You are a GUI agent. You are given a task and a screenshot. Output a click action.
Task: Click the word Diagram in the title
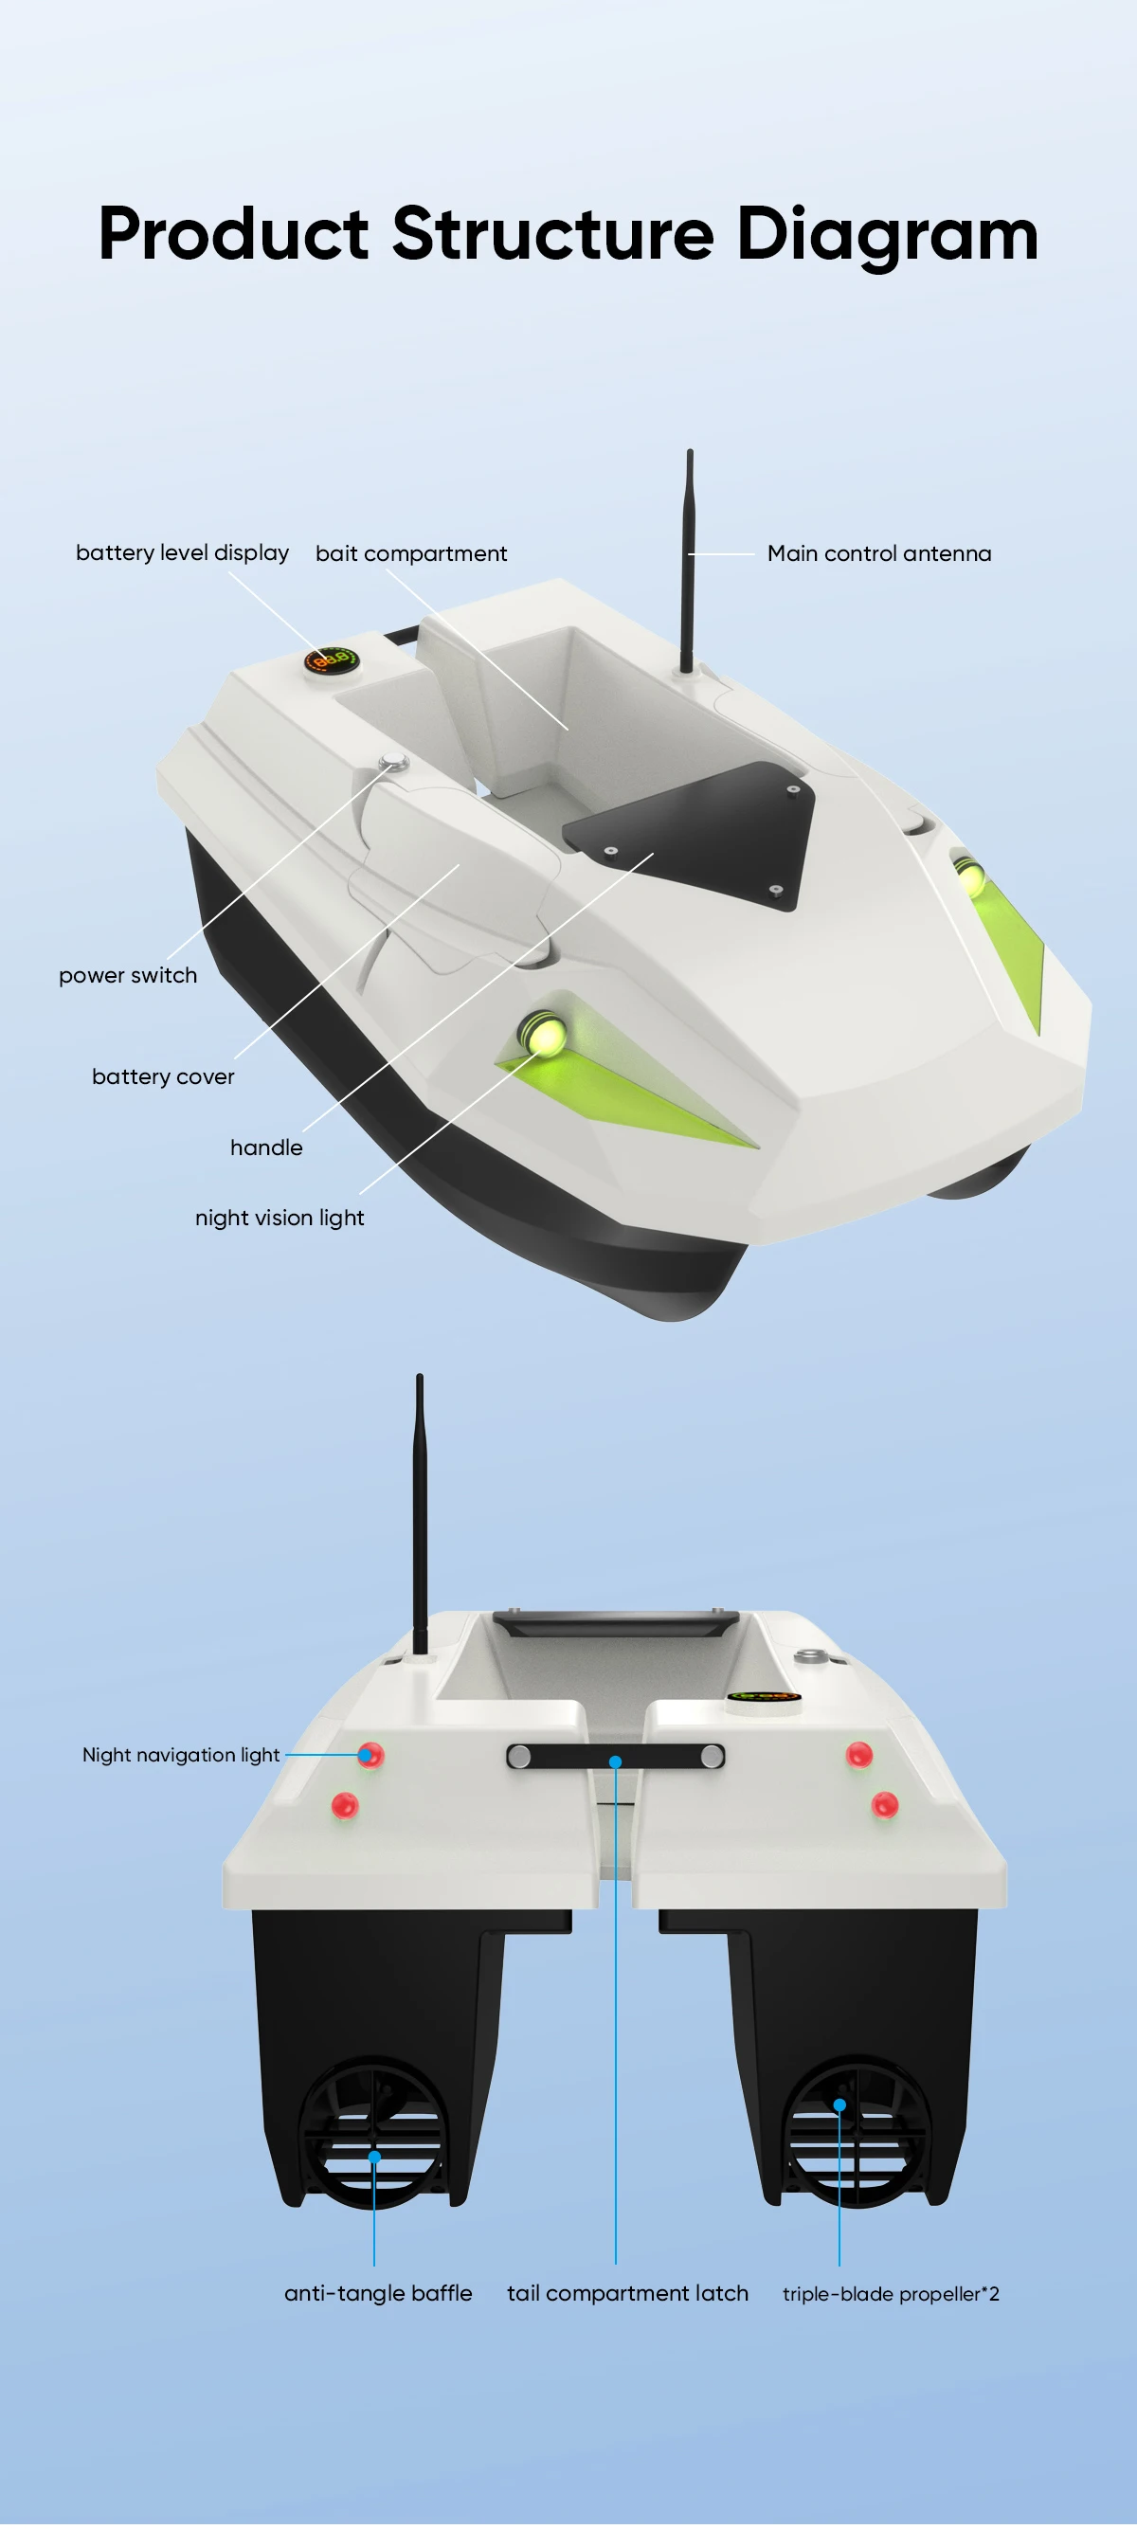tap(887, 235)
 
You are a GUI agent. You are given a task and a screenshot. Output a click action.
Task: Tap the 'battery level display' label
tap(183, 552)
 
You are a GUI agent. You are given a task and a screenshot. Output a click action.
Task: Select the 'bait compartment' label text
tap(410, 553)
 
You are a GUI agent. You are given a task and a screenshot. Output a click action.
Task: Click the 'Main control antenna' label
tap(878, 553)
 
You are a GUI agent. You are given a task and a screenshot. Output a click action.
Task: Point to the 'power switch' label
tap(128, 975)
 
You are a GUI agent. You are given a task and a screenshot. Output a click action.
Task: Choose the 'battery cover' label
tap(163, 1076)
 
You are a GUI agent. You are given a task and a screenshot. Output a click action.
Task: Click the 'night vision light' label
tap(279, 1218)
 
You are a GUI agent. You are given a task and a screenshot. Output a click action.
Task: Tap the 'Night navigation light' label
tap(181, 1755)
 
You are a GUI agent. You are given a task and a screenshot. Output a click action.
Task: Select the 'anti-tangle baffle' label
tap(378, 2293)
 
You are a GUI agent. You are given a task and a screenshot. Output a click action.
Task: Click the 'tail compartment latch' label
tap(627, 2293)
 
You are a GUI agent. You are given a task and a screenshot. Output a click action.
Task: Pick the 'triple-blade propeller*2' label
tap(891, 2294)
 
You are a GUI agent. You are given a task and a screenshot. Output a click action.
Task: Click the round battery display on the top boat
tap(331, 660)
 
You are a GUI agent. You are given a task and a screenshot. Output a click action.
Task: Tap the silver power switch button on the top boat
tap(393, 760)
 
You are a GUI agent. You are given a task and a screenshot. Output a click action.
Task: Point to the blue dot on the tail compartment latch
tap(616, 1761)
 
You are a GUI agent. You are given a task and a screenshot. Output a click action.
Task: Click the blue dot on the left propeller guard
tap(374, 2157)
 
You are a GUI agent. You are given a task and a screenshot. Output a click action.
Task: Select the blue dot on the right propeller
tap(839, 2104)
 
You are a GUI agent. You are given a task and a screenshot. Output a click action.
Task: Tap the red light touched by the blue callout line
tap(370, 1755)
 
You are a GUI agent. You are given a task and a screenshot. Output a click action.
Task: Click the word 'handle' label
tap(266, 1147)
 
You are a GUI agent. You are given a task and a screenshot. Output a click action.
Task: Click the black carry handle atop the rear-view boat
tap(615, 1623)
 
